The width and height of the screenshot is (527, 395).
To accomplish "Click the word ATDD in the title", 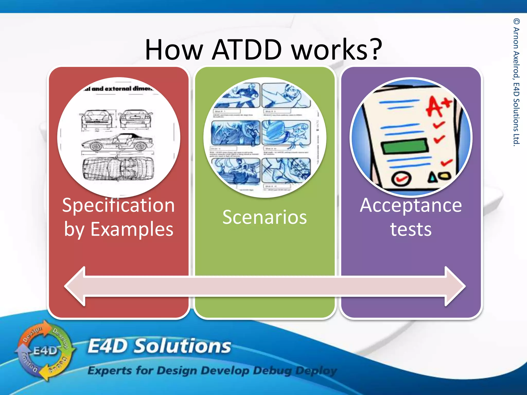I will pyautogui.click(x=247, y=49).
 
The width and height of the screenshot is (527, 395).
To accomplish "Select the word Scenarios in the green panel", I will pyautogui.click(x=265, y=217).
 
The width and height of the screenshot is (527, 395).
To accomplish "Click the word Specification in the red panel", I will pyautogui.click(x=118, y=206).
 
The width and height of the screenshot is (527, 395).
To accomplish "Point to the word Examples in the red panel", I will pyautogui.click(x=132, y=229).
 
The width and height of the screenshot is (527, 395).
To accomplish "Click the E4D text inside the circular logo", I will pyautogui.click(x=45, y=351).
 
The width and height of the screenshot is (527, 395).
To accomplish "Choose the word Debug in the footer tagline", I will pyautogui.click(x=272, y=371).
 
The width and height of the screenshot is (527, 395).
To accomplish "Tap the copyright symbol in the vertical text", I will pyautogui.click(x=516, y=21).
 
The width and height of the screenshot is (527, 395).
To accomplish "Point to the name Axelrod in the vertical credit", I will pyautogui.click(x=516, y=64).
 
